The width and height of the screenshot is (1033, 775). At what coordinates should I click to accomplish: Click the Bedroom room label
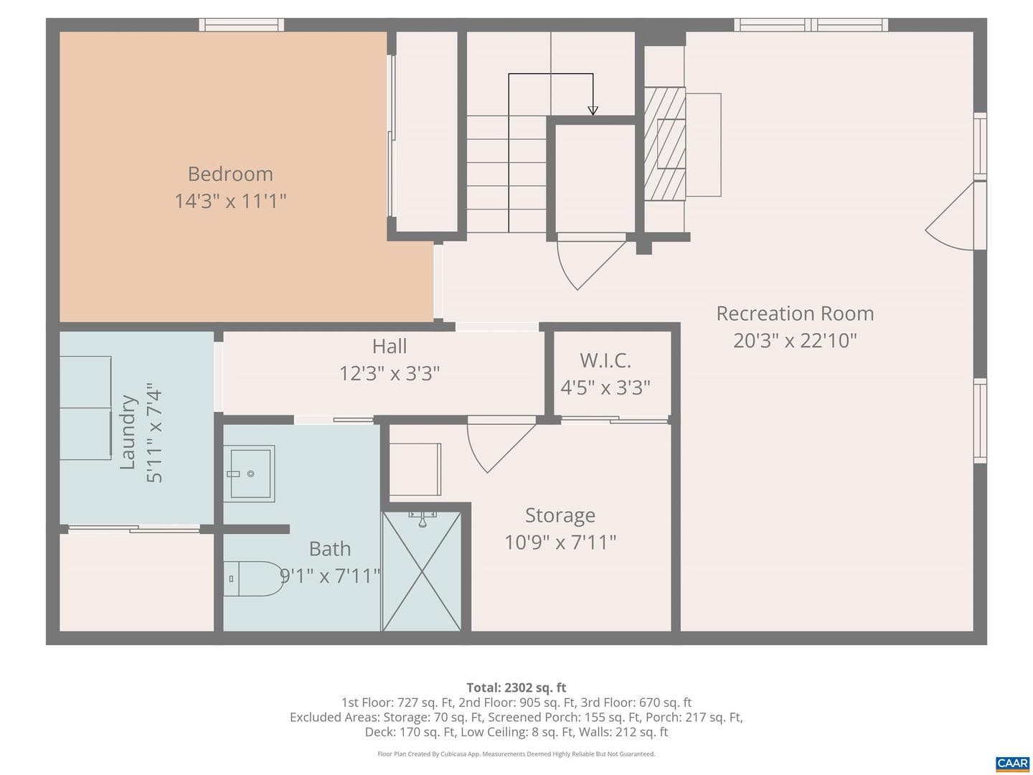(x=230, y=174)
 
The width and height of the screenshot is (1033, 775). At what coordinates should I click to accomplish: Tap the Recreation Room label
(x=795, y=314)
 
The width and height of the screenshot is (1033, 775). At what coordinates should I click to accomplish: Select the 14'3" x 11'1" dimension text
(x=230, y=201)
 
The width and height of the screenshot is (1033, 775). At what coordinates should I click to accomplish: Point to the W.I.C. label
(x=605, y=360)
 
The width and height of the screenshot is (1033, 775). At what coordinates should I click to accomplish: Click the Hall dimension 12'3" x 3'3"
(x=390, y=374)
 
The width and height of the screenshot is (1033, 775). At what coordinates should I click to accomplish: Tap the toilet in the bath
(x=252, y=578)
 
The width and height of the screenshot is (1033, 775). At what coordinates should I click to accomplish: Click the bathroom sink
(x=249, y=474)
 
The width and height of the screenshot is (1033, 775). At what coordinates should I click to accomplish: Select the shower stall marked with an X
(x=422, y=571)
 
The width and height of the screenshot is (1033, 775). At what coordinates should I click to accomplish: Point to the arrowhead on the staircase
(x=593, y=111)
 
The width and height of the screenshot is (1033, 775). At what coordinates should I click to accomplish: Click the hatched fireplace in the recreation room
(x=664, y=144)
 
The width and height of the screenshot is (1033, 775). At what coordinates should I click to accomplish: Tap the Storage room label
(x=560, y=515)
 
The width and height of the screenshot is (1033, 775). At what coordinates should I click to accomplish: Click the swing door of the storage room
(x=501, y=445)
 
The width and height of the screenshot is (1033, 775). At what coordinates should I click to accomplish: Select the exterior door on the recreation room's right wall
(x=956, y=217)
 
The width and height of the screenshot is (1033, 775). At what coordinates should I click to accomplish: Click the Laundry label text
(x=128, y=433)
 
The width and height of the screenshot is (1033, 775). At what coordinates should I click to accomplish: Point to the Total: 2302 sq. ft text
(x=516, y=687)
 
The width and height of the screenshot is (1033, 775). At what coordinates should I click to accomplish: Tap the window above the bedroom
(x=242, y=24)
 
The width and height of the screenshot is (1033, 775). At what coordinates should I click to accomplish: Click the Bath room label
(x=330, y=549)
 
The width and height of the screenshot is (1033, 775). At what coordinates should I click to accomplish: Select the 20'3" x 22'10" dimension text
(x=795, y=340)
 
